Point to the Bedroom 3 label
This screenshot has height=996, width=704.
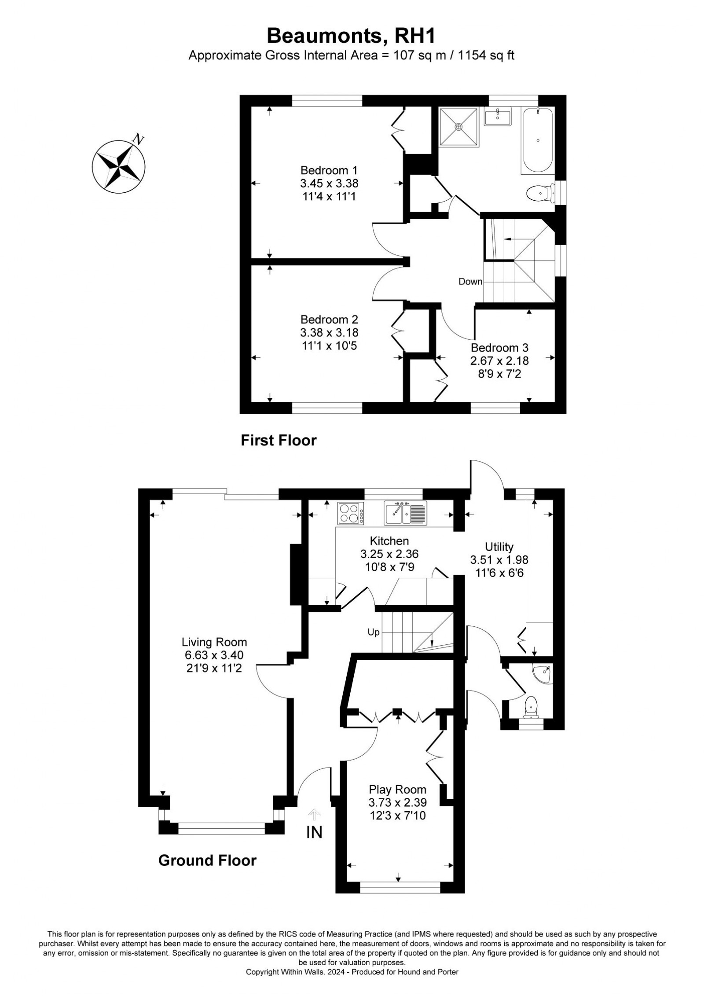pos(499,347)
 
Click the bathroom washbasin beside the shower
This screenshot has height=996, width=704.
pos(497,118)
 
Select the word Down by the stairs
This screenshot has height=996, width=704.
pos(470,282)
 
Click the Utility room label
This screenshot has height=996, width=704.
pos(499,547)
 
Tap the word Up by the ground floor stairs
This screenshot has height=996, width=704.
pos(374,632)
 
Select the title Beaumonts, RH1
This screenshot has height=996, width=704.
pos(352,35)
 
